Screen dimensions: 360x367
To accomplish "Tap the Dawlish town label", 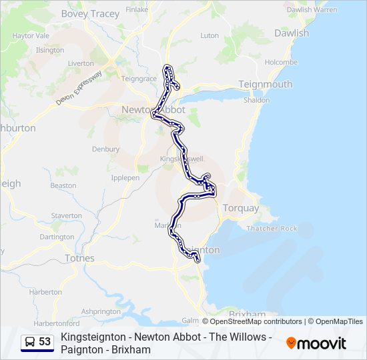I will tap(291, 33).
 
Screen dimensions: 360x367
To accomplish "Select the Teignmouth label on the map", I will tap(266, 84).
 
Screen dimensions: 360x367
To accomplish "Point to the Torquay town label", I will tap(240, 208).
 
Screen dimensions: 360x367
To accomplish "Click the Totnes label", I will tap(79, 258).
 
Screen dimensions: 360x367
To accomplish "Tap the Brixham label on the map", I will tap(247, 313).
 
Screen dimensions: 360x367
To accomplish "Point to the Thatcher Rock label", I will tap(272, 228).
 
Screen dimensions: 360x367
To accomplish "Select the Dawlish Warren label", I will tap(312, 10).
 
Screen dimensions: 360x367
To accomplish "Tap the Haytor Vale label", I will tap(31, 36).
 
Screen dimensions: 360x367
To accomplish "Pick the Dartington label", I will tap(57, 237).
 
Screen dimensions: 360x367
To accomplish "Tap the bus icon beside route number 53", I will tap(30, 342).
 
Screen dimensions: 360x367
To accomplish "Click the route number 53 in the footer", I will tap(45, 342).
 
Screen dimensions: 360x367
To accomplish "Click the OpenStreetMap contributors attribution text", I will tap(247, 321).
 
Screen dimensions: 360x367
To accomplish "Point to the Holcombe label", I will tap(280, 62).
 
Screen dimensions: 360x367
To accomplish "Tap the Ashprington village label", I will tap(101, 311).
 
